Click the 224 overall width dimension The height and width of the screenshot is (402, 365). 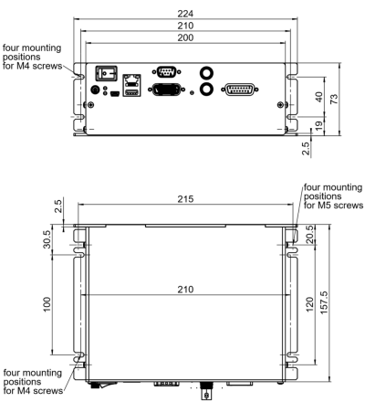click(x=185, y=14)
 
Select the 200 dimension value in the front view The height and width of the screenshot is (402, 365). click(x=185, y=37)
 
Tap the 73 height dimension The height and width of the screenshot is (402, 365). click(x=334, y=99)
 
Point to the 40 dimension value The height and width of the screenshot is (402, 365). click(x=318, y=97)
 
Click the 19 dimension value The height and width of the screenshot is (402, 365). click(x=318, y=126)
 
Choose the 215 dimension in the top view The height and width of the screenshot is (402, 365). click(x=185, y=199)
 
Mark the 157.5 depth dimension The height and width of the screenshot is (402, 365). click(x=324, y=302)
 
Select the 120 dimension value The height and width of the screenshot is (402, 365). click(x=309, y=304)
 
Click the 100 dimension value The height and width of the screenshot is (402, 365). click(x=47, y=304)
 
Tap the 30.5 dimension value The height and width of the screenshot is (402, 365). click(x=47, y=239)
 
